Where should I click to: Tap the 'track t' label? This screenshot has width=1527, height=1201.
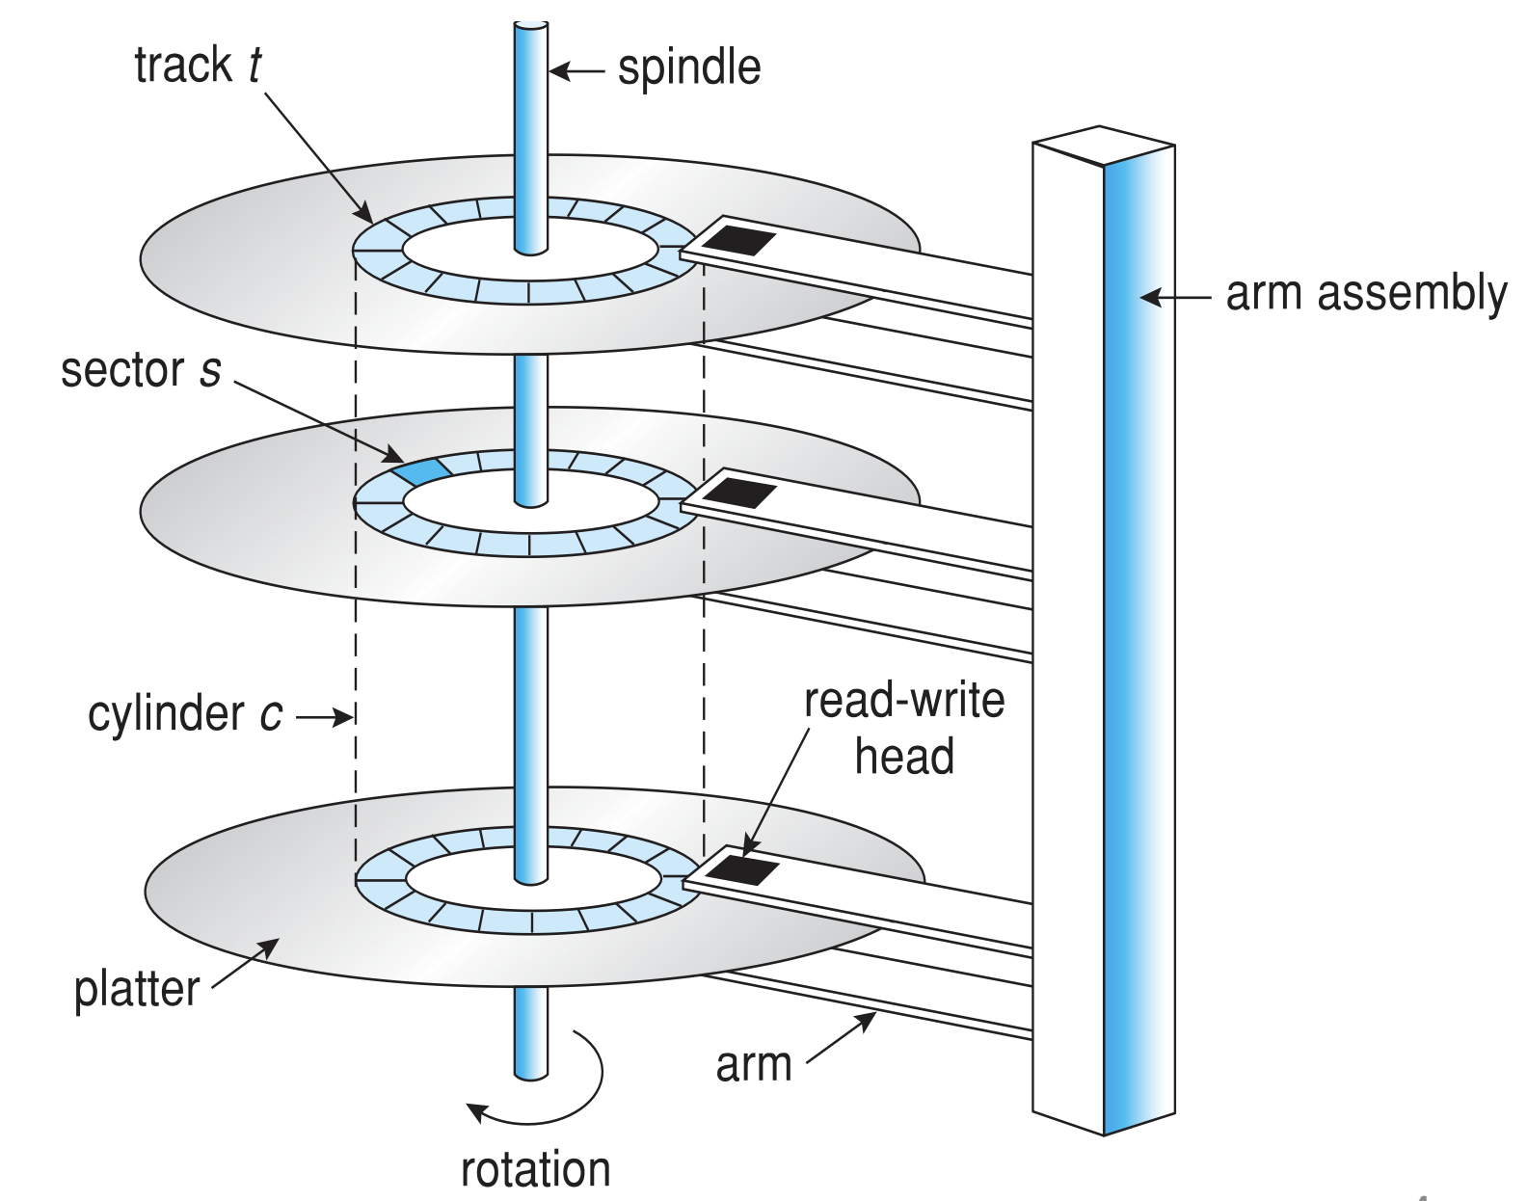tap(198, 66)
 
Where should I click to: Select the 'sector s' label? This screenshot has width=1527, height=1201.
tap(141, 370)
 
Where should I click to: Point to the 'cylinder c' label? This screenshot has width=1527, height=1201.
tap(185, 714)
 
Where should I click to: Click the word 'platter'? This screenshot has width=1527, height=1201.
tap(137, 990)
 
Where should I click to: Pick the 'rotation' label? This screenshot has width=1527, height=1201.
tap(536, 1170)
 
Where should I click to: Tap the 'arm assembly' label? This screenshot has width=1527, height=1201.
tap(1365, 294)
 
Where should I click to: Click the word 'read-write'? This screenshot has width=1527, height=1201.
tap(904, 701)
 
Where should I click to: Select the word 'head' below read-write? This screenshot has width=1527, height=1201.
tap(904, 757)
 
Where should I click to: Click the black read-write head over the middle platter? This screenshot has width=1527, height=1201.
tap(740, 493)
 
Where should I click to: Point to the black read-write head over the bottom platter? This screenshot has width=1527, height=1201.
tap(743, 870)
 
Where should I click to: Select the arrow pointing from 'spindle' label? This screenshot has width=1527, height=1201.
tap(576, 70)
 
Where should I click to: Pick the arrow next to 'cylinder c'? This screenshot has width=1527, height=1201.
tap(324, 717)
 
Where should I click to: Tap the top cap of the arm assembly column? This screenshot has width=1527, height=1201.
tap(1103, 146)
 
